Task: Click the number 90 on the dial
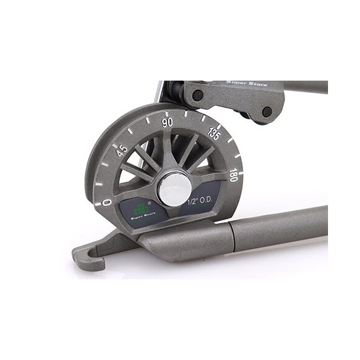click(167, 122)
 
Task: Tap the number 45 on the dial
click(122, 150)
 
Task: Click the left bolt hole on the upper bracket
click(198, 96)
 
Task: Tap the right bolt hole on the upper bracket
click(266, 111)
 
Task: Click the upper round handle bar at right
click(305, 86)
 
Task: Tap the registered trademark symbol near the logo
click(150, 203)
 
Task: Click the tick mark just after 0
click(100, 183)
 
